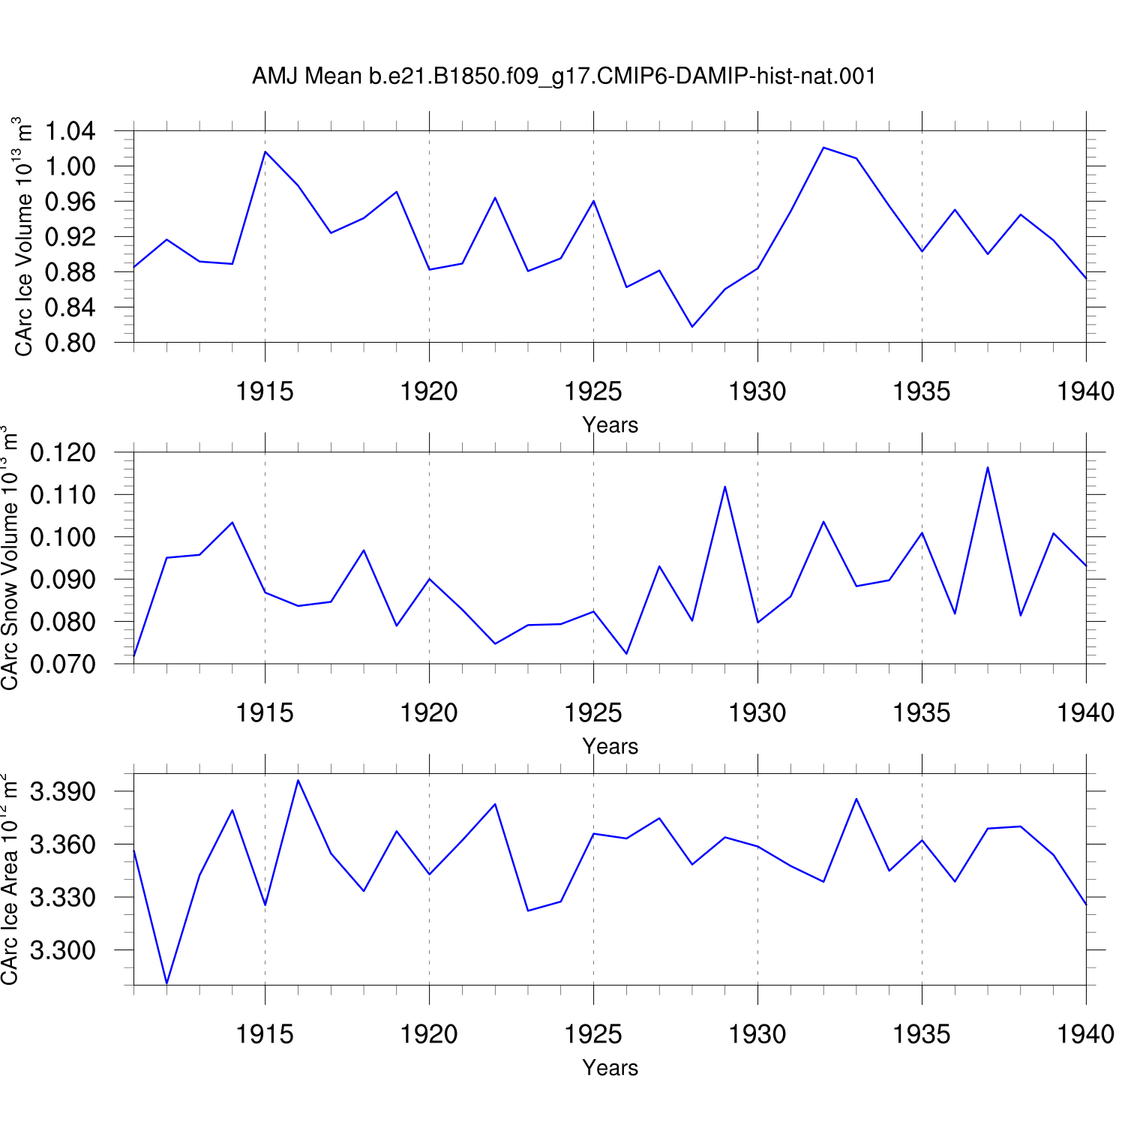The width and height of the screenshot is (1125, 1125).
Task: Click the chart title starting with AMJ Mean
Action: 564,76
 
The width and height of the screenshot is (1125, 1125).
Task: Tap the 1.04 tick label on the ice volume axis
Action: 70,131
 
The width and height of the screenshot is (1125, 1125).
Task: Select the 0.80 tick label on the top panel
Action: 70,343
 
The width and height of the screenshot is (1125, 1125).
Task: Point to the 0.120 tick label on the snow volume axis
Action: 63,453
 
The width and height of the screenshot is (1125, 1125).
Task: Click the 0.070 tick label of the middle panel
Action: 63,664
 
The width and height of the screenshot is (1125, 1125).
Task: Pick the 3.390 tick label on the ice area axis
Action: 63,791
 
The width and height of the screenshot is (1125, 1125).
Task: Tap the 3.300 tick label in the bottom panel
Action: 63,950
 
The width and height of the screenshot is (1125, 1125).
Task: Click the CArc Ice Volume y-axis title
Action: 23,236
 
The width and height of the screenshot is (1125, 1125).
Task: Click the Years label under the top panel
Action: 610,424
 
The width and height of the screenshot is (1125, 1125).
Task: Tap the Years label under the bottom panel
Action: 610,1067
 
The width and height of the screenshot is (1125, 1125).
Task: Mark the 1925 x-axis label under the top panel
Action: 593,391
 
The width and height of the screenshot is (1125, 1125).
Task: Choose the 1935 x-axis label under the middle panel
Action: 922,712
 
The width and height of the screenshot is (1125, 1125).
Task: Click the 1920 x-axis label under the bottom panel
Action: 429,1034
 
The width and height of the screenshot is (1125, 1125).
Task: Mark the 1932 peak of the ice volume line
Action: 823,148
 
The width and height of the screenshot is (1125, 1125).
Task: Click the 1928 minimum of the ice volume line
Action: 692,326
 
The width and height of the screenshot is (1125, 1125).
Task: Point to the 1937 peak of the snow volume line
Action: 988,467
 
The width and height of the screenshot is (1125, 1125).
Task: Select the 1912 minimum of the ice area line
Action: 166,982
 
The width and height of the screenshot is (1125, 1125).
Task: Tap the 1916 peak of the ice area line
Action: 298,780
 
